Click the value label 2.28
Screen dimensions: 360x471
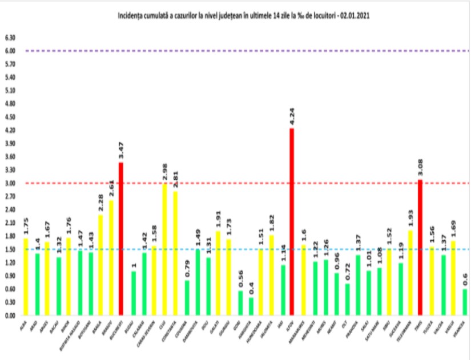click(100, 203)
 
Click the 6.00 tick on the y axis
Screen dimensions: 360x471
click(10, 51)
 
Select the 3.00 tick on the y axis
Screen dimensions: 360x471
click(10, 183)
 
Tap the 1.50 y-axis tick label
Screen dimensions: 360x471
click(10, 249)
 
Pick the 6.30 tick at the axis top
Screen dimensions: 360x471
click(10, 38)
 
